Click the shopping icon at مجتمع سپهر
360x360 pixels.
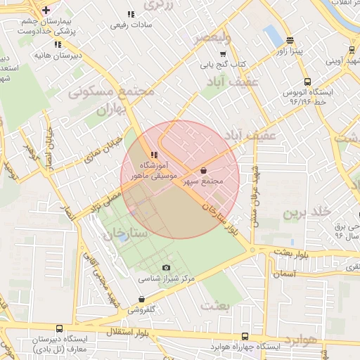(204, 170)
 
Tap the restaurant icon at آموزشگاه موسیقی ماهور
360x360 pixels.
(154, 155)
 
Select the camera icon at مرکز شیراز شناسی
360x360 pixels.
(166, 267)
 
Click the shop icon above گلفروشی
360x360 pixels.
(142, 299)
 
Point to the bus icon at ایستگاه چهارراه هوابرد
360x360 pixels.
(244, 337)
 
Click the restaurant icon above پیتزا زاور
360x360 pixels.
(290, 41)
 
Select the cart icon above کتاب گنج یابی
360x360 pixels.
(223, 54)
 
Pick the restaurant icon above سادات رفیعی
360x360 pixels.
(131, 14)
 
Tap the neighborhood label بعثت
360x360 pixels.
(215, 306)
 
